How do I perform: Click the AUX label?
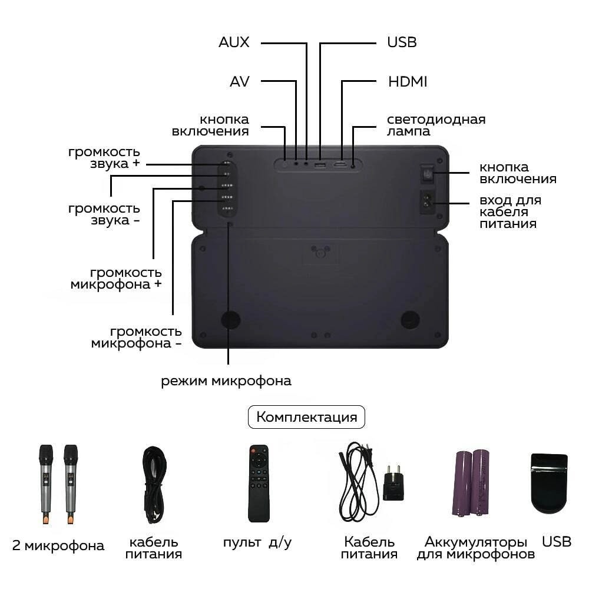[234, 42]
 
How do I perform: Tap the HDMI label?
[408, 81]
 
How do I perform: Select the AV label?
[240, 81]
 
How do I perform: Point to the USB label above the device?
[402, 42]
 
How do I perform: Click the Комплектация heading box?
[306, 417]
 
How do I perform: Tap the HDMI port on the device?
[340, 164]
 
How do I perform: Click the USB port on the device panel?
[320, 164]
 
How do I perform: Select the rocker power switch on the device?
[427, 174]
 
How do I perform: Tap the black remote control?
[259, 484]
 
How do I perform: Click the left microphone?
[46, 484]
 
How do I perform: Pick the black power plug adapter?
[393, 482]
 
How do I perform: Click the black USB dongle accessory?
[549, 483]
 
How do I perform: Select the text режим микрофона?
[226, 381]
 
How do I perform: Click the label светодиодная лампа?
[436, 125]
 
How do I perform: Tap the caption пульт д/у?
[257, 543]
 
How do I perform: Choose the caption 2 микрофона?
[58, 545]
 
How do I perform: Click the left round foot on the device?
[231, 319]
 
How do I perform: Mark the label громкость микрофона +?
[116, 279]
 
